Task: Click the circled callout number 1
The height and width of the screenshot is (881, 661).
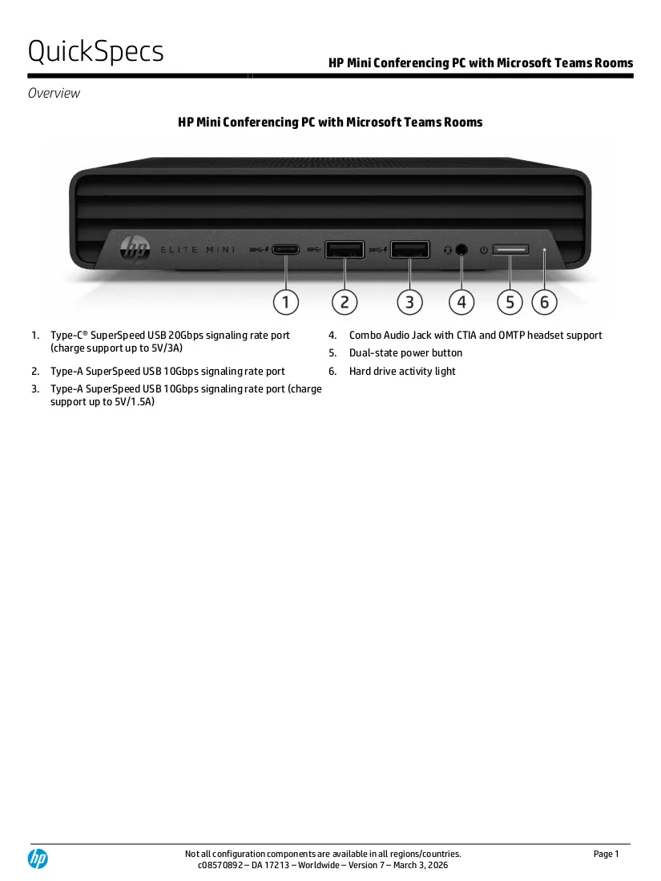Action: tap(285, 302)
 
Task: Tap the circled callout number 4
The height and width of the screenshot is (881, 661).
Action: tap(461, 302)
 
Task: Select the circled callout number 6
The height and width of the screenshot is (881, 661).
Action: tap(544, 302)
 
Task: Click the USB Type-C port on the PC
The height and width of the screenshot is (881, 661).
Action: tap(285, 249)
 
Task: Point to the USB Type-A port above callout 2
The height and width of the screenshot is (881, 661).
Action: tap(345, 249)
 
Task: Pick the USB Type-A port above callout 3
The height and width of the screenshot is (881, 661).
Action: tap(409, 249)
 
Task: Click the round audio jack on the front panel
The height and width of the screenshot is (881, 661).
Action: tap(461, 249)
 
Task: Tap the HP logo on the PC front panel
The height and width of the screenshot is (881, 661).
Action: tap(135, 248)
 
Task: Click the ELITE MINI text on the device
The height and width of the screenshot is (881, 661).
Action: tap(198, 249)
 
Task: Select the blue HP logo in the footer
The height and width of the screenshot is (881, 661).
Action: tap(38, 859)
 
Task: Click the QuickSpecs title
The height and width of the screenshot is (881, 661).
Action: tap(95, 51)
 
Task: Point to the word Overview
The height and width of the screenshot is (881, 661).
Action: tap(54, 93)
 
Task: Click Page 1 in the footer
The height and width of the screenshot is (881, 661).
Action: tap(606, 854)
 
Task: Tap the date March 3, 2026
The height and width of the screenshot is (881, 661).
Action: tap(421, 865)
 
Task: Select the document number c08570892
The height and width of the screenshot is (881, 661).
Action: tap(220, 865)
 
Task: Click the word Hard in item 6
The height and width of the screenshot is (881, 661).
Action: tap(360, 372)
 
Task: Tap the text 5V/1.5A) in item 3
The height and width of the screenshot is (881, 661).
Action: tap(135, 402)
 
